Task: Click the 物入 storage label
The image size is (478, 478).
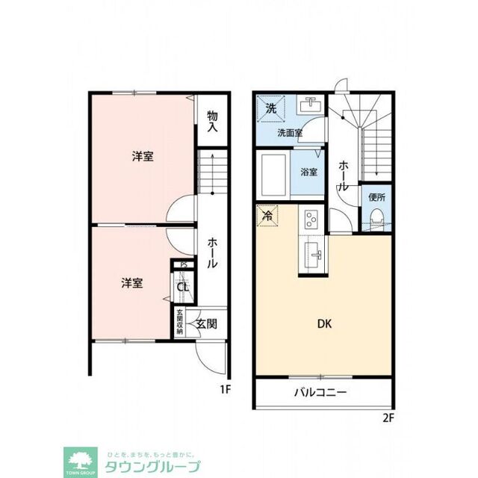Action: click(212, 121)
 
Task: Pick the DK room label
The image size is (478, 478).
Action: click(324, 323)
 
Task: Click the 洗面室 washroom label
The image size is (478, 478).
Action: click(290, 134)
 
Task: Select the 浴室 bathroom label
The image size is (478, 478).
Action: click(308, 172)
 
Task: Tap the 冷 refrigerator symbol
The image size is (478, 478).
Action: click(267, 215)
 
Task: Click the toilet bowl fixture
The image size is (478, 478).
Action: click(376, 220)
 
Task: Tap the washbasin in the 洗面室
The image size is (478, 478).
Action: click(310, 106)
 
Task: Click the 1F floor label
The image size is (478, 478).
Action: click(226, 389)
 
